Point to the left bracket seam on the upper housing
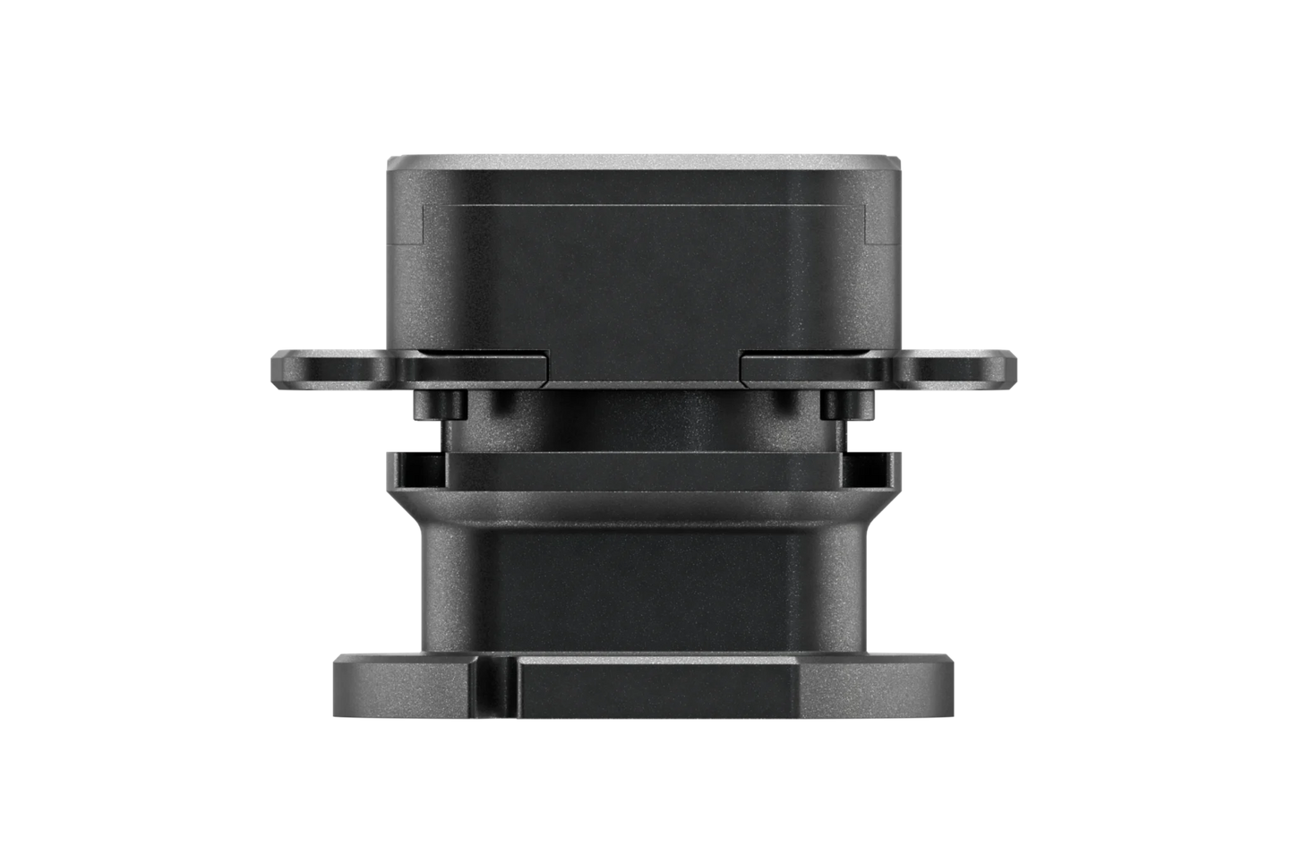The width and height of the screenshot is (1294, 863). pos(423,224)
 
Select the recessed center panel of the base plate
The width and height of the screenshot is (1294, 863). pos(654,688)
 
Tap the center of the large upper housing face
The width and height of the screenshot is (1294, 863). pos(645,269)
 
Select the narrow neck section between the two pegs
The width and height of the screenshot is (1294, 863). pos(645,421)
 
